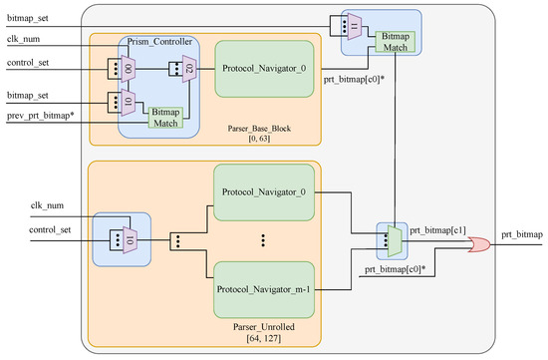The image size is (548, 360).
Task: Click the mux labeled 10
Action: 129,241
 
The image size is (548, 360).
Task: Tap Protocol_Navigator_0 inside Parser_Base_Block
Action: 263,68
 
